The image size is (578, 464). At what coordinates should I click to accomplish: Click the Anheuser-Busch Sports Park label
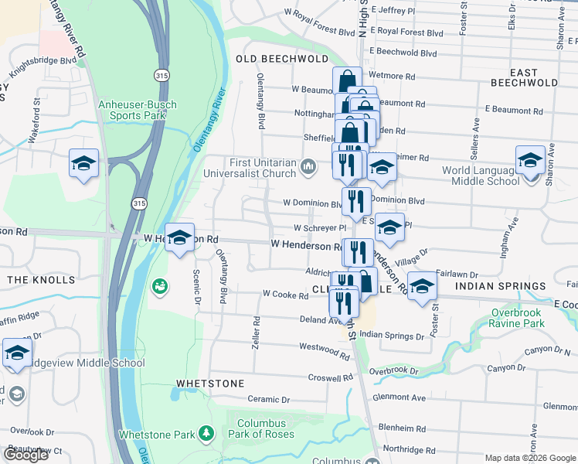pyautogui.click(x=132, y=110)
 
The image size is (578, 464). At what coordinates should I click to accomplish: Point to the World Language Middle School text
pyautogui.click(x=480, y=176)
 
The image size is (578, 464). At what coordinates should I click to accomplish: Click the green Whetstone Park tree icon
pyautogui.click(x=206, y=434)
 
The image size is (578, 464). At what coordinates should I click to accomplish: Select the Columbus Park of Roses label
pyautogui.click(x=261, y=428)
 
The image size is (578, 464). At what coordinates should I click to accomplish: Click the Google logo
pyautogui.click(x=25, y=454)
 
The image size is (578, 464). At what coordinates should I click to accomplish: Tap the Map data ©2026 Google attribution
pyautogui.click(x=529, y=458)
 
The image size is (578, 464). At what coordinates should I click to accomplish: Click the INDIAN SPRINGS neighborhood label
pyautogui.click(x=501, y=286)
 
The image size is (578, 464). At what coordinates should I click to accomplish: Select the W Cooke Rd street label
pyautogui.click(x=285, y=294)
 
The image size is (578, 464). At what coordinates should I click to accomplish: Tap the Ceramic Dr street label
pyautogui.click(x=268, y=400)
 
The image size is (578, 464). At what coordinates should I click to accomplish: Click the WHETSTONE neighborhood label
pyautogui.click(x=210, y=383)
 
